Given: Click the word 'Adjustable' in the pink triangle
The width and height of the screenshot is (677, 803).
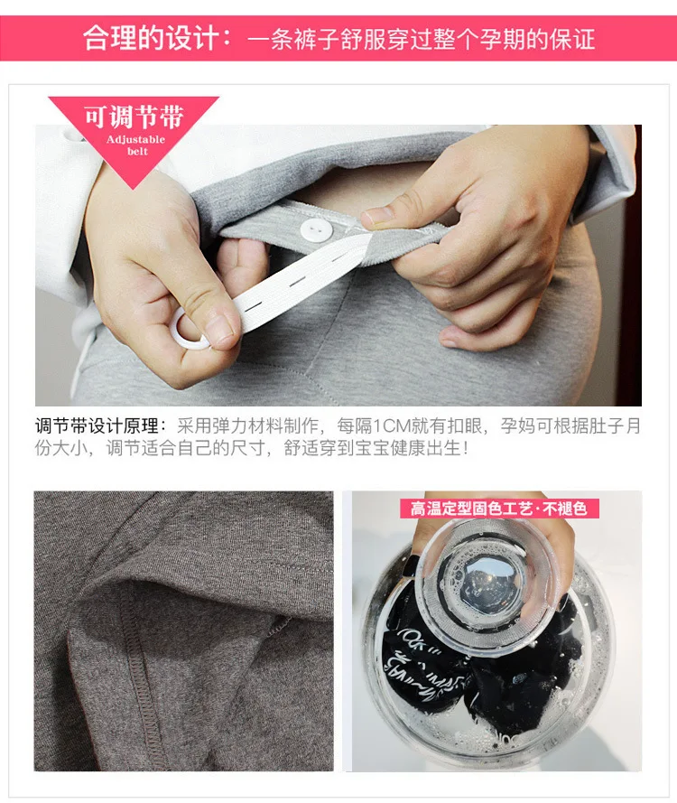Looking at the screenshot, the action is [135, 139].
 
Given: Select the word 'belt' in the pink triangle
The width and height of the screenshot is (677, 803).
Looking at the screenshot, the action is [137, 151].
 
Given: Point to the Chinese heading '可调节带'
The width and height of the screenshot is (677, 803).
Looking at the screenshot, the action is [134, 117].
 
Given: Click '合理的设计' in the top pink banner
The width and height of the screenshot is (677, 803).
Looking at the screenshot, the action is [151, 38].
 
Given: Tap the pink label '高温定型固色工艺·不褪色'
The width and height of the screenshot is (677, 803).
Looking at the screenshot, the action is [498, 509].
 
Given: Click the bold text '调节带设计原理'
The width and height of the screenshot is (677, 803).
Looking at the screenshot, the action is [97, 426].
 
